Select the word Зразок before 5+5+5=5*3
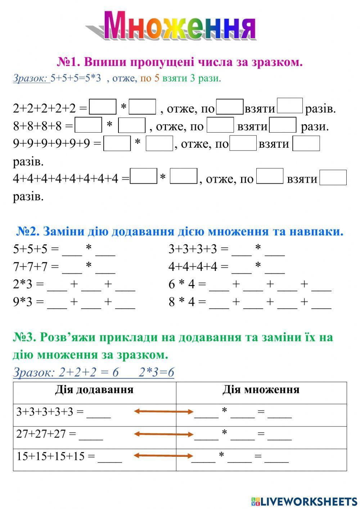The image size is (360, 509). (31, 78)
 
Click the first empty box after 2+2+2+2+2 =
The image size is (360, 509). (103, 107)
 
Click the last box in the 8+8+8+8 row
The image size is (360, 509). (283, 125)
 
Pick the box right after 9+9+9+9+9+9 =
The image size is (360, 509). (117, 143)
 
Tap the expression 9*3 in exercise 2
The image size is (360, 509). (23, 302)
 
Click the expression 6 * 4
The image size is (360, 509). (181, 284)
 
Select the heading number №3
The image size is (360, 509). (24, 337)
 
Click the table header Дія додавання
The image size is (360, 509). (94, 390)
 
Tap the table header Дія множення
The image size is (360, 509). (261, 390)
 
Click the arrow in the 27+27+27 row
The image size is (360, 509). (164, 434)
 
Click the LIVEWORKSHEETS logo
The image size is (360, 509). (304, 501)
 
